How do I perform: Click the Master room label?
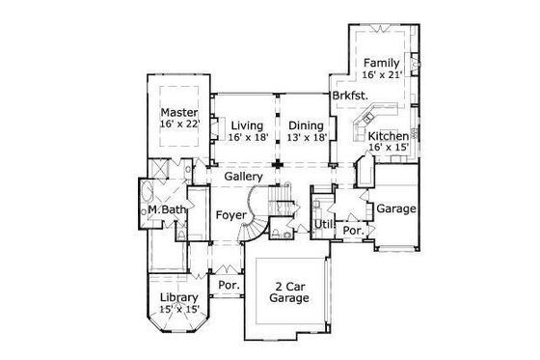click(178, 111)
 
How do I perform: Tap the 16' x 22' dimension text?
click(178, 124)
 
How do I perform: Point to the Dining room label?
click(306, 124)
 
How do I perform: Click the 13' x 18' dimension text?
click(306, 137)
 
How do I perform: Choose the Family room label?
click(381, 61)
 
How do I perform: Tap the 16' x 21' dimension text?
click(381, 73)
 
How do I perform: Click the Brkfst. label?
click(348, 97)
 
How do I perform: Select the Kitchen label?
click(388, 137)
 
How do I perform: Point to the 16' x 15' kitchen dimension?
click(388, 150)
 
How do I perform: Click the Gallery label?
click(245, 178)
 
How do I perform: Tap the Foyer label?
click(231, 214)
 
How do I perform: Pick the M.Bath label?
click(167, 209)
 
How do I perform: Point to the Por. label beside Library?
click(229, 286)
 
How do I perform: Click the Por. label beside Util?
click(353, 232)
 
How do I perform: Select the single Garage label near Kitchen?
click(395, 208)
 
